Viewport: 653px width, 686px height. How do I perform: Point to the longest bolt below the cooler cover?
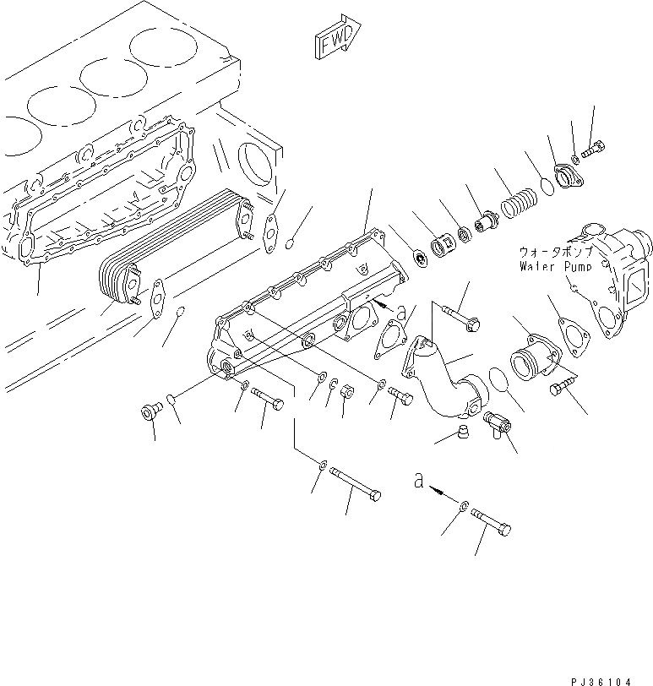(355, 484)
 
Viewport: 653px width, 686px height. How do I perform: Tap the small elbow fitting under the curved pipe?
(496, 422)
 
